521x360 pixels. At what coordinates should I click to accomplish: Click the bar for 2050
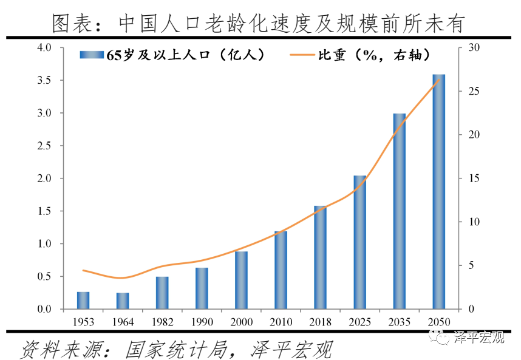438,192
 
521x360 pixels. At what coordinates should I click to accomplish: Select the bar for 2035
399,211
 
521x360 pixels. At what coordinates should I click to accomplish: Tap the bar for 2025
359,242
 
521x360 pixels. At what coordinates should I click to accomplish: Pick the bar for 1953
83,301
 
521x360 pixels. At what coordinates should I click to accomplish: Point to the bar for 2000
241,280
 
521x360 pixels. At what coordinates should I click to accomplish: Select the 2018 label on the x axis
320,321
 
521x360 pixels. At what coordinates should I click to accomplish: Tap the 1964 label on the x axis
123,321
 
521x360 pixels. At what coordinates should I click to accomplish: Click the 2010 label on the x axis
281,321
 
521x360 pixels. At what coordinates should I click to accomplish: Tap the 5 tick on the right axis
471,266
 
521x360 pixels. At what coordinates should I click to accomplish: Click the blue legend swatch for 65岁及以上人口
92,55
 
